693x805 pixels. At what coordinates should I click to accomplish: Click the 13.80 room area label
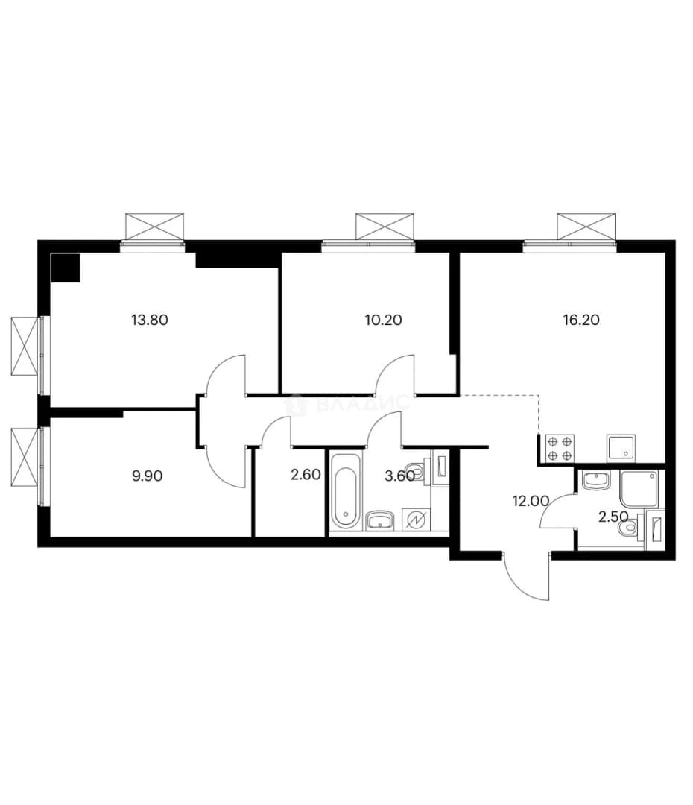[149, 320]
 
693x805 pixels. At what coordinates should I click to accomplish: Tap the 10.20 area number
[383, 320]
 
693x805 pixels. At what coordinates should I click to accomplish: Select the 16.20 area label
[581, 319]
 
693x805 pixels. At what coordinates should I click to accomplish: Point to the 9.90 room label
[148, 476]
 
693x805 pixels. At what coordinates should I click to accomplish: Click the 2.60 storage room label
[306, 475]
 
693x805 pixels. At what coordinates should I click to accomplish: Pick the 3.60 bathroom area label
[399, 476]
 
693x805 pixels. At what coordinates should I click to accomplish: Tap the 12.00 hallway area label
[531, 501]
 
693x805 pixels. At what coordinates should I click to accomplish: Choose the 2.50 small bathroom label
[613, 516]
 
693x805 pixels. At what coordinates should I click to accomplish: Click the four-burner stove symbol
[560, 448]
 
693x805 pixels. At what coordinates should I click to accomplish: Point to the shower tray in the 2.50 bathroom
[639, 489]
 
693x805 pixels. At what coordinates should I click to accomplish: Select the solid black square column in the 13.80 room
[66, 268]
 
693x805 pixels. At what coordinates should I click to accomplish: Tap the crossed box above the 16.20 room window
[586, 227]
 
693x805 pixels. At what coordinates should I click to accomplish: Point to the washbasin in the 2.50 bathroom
[595, 481]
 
